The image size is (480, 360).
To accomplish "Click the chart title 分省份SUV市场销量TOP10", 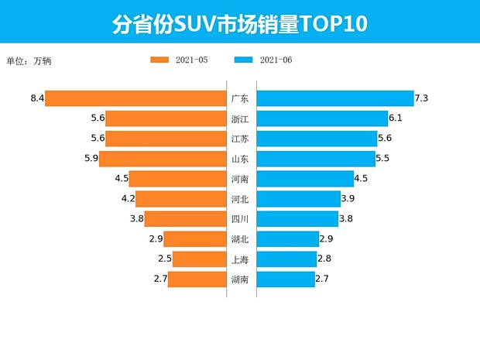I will point(239,24).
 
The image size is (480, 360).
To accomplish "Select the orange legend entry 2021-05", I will point(179,60).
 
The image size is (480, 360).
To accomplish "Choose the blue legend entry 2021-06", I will point(263,60).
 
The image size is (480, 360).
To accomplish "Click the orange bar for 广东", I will point(135,98).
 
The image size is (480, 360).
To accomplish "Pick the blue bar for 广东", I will point(334,98).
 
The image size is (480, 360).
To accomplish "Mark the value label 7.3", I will point(422,98).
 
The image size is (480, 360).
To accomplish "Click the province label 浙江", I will point(240,118).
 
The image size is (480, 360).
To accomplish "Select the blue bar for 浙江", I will point(322,118).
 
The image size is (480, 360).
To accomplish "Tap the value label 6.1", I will point(396,118).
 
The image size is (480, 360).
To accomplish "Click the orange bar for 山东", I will point(163,159).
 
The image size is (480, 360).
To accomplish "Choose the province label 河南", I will point(240,179).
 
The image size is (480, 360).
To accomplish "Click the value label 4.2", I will point(127,199).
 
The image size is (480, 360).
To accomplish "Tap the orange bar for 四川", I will point(185,219).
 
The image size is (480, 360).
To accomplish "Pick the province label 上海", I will point(240,259).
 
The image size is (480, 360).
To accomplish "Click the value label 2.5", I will point(163,259).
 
